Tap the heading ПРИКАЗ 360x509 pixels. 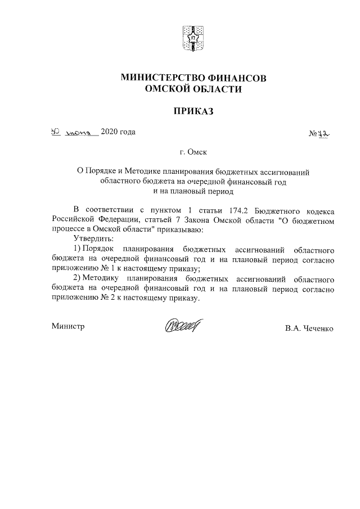point(193,111)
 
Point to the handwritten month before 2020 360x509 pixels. point(81,133)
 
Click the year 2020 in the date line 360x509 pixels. point(109,132)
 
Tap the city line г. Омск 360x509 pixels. point(193,152)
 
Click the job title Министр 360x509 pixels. point(67,326)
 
